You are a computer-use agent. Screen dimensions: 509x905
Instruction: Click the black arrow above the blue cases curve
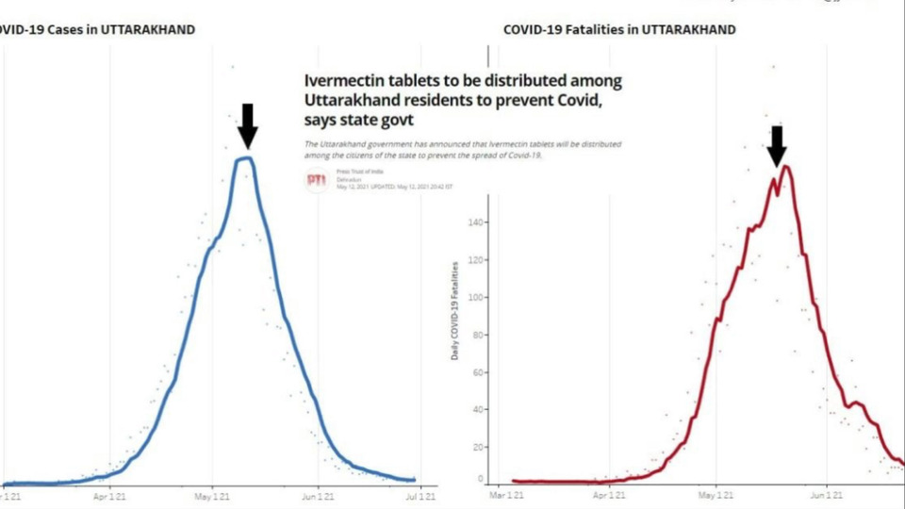pyautogui.click(x=247, y=125)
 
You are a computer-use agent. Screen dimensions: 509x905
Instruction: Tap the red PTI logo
pyautogui.click(x=318, y=182)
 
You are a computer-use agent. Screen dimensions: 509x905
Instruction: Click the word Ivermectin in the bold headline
pyautogui.click(x=345, y=82)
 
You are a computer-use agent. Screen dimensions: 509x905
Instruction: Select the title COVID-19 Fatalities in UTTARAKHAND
pyautogui.click(x=619, y=29)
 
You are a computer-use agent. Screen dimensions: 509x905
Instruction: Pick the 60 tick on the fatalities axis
pyautogui.click(x=477, y=372)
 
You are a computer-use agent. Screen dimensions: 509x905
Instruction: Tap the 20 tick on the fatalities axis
pyautogui.click(x=477, y=448)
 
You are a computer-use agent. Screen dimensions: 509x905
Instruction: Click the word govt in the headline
pyautogui.click(x=395, y=121)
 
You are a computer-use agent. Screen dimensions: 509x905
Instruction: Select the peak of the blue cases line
pyautogui.click(x=245, y=157)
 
